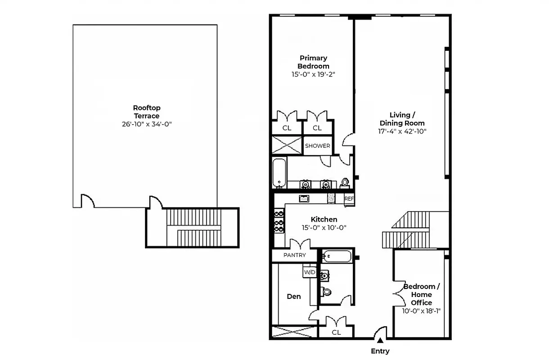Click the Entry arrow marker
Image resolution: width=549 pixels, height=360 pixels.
click(380, 341)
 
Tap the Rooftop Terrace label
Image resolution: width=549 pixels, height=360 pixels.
click(147, 112)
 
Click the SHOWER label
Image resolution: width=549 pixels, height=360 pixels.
click(317, 146)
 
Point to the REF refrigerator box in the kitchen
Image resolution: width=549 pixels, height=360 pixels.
click(349, 198)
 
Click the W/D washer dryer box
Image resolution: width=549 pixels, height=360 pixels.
click(309, 272)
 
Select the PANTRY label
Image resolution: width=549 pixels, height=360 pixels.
click(294, 255)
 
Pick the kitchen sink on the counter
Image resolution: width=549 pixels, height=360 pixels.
click(304, 198)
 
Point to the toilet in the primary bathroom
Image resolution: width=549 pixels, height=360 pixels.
click(345, 183)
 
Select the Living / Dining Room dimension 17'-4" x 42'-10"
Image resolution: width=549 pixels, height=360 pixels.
click(402, 131)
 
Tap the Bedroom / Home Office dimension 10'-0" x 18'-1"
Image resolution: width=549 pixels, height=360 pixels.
click(421, 310)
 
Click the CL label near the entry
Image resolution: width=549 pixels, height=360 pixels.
click(336, 333)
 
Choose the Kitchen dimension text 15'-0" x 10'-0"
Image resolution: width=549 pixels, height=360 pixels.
click(324, 228)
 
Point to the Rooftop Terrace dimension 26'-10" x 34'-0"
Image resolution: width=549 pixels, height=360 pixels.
click(147, 124)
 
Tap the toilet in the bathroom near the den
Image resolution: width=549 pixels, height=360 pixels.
click(326, 292)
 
